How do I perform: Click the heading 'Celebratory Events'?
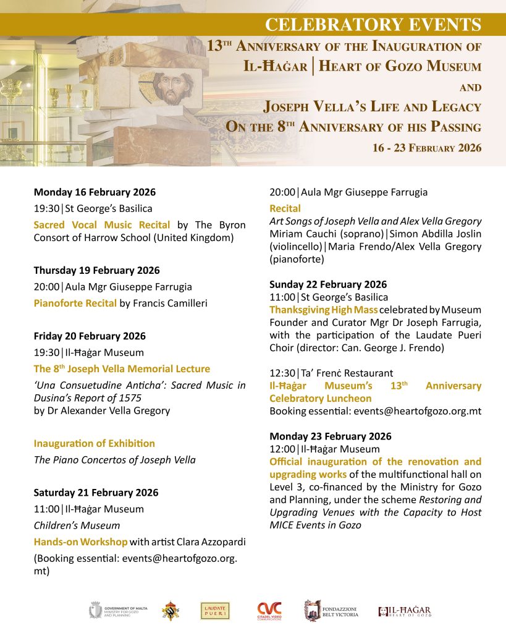373,25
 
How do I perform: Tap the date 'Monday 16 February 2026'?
95,192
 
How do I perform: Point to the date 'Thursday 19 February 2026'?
96,270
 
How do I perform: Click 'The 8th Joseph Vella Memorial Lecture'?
122,369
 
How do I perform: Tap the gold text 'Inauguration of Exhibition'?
95,443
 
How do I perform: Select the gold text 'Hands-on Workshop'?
80,542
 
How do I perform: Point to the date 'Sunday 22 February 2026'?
328,284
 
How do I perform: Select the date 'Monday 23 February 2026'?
330,436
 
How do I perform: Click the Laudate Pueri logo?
215,611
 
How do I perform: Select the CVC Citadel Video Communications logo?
270,611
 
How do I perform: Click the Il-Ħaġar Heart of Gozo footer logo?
405,611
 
